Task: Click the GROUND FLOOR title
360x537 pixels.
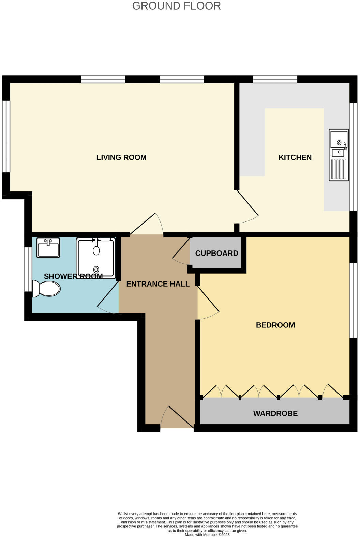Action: (176, 6)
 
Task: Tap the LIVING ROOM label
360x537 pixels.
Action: (121, 157)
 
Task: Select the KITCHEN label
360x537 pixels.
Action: (295, 157)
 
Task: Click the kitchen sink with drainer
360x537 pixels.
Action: (339, 155)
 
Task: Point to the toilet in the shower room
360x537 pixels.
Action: (47, 289)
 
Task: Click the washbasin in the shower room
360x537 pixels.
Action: (48, 248)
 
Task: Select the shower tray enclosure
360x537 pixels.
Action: (96, 258)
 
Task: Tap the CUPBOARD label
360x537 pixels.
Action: (216, 253)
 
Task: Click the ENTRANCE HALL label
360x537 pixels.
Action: (158, 284)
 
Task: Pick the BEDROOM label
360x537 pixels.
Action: (275, 325)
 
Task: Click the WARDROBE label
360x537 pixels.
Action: (275, 413)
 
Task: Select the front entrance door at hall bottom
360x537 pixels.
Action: (178, 418)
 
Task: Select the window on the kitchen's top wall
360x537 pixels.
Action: (275, 79)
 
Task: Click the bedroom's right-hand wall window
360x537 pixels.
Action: (354, 300)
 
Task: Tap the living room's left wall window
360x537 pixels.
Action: (6, 136)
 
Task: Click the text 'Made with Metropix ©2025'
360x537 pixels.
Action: (207, 535)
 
